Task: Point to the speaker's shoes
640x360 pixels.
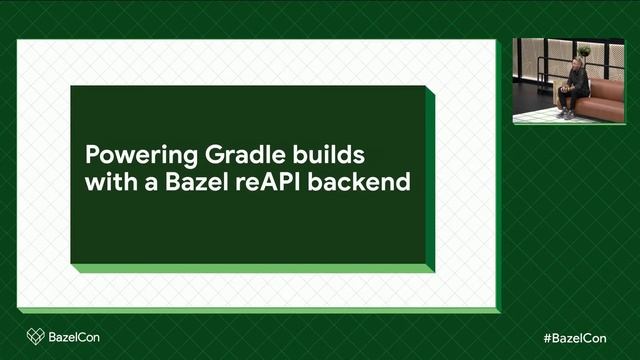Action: tap(566, 114)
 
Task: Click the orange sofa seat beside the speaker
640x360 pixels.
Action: tap(605, 101)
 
